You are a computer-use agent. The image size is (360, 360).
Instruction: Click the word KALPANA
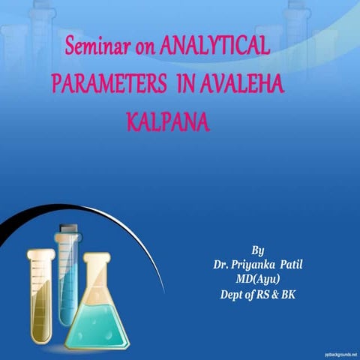pyautogui.click(x=166, y=121)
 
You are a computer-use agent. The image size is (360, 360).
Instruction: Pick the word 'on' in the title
pyautogui.click(x=142, y=47)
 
